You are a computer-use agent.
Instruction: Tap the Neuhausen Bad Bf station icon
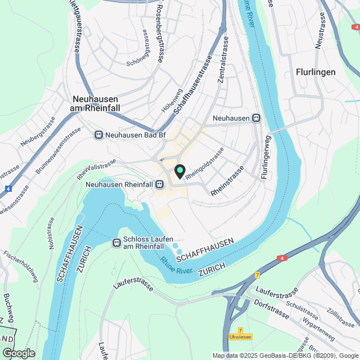click(x=98, y=135)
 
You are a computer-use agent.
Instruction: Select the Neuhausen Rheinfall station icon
click(x=160, y=184)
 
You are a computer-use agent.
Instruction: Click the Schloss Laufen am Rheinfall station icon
click(x=116, y=242)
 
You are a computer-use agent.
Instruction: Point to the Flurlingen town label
click(x=316, y=72)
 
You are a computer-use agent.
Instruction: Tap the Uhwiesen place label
click(x=240, y=337)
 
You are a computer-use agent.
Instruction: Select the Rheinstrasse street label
click(x=228, y=181)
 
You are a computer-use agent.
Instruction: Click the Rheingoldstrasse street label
click(x=205, y=164)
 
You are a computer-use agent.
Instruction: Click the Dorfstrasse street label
click(x=272, y=309)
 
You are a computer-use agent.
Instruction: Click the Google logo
click(x=18, y=353)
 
